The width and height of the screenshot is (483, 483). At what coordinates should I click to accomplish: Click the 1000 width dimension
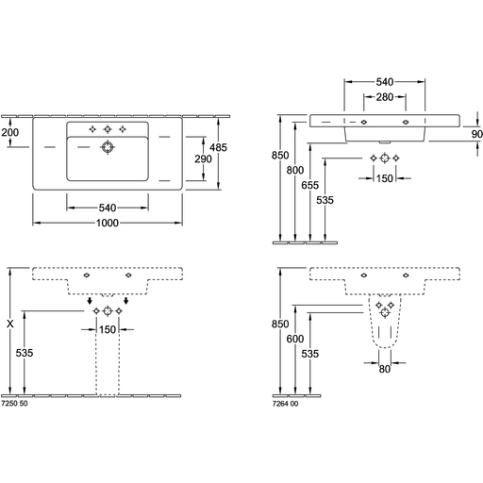(108, 223)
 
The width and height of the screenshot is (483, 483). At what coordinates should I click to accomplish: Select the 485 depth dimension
(218, 147)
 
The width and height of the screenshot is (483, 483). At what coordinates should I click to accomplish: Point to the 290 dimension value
(203, 159)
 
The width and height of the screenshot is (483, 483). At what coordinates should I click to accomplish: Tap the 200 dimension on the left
(10, 132)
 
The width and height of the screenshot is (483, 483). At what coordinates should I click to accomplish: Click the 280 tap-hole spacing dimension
(385, 97)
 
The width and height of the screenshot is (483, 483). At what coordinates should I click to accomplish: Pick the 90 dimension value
(477, 134)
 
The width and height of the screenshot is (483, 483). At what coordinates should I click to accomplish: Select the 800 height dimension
(295, 170)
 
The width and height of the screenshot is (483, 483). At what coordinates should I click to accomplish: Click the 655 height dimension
(310, 185)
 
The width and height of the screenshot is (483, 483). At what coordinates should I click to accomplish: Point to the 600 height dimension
(295, 339)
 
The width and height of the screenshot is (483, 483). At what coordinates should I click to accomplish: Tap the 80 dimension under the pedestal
(385, 369)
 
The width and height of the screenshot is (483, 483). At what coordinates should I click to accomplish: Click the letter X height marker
(10, 324)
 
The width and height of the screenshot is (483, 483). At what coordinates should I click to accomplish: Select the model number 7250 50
(14, 404)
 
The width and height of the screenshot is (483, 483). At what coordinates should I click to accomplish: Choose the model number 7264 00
(286, 404)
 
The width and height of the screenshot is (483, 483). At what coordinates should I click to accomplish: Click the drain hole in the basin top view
(108, 147)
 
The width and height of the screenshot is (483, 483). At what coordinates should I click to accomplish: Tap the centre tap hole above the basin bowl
(108, 129)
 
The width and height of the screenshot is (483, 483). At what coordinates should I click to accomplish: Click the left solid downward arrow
(90, 301)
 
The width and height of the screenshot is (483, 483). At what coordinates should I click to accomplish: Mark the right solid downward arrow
(126, 301)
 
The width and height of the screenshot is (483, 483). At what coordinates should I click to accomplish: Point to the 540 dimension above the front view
(385, 82)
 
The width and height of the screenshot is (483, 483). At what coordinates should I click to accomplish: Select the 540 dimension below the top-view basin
(108, 208)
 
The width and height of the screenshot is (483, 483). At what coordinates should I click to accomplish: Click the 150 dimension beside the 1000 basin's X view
(108, 329)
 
